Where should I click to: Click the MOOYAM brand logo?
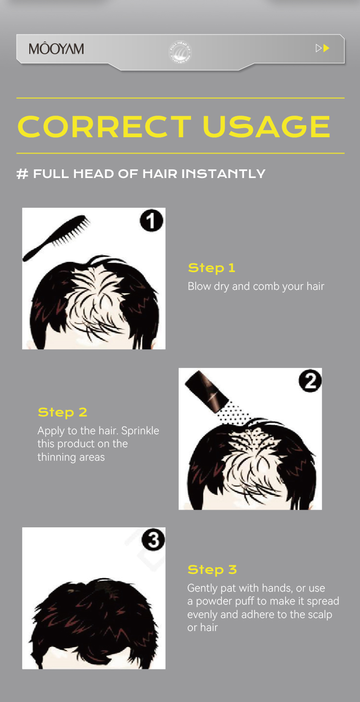[56, 49]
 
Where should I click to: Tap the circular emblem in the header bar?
[180, 52]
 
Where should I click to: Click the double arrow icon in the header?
[323, 48]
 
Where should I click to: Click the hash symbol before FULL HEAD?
[22, 174]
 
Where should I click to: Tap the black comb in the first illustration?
[55, 238]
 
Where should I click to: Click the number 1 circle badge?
[152, 221]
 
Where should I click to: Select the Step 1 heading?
[212, 268]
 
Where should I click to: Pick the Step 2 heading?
[62, 412]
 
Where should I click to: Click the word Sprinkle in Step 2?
[140, 431]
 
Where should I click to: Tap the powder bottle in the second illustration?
[208, 390]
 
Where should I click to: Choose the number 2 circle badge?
[310, 381]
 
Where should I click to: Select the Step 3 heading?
[212, 570]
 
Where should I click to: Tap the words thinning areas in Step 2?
[71, 457]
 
